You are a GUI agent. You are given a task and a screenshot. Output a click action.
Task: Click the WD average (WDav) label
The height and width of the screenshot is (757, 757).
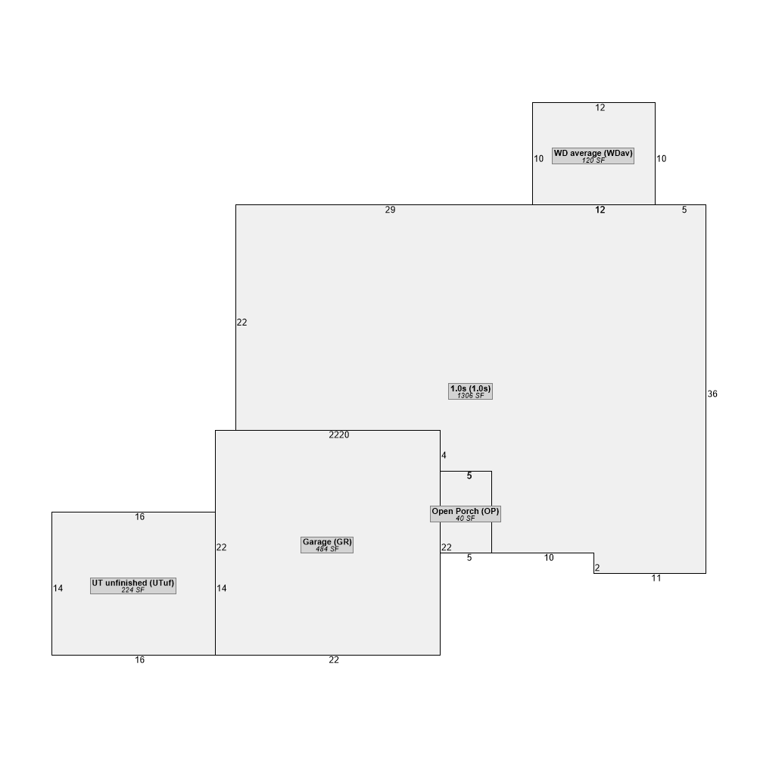click(593, 154)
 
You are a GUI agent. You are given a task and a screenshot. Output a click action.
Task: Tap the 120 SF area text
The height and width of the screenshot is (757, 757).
click(593, 161)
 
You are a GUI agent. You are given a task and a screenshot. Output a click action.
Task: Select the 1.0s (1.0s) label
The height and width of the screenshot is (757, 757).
click(470, 388)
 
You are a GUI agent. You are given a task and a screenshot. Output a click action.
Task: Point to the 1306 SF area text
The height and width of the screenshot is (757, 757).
click(470, 396)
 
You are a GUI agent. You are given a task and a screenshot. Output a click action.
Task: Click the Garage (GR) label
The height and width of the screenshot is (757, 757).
click(327, 542)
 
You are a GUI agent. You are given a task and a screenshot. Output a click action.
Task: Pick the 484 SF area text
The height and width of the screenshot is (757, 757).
click(327, 550)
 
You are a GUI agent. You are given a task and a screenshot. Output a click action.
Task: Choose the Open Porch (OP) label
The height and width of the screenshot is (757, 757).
click(466, 512)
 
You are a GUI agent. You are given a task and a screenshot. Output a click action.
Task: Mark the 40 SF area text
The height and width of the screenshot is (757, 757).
click(466, 519)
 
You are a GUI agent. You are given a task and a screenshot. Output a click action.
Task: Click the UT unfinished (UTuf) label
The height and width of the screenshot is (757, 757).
click(133, 583)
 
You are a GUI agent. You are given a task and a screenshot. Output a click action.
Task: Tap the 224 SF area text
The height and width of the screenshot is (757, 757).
click(133, 590)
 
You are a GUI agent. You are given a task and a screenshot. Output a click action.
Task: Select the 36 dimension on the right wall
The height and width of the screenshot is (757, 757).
click(712, 394)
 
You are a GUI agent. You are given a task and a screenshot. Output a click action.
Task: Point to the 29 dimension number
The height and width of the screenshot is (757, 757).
click(390, 210)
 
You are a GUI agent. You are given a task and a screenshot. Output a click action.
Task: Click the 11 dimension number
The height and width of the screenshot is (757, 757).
click(656, 578)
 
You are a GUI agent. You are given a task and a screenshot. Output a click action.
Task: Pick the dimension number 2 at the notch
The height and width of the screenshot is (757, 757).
click(597, 568)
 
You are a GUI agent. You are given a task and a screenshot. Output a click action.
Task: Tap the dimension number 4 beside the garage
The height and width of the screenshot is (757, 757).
click(444, 456)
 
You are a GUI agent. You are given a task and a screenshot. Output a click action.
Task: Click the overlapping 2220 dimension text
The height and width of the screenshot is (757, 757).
click(339, 435)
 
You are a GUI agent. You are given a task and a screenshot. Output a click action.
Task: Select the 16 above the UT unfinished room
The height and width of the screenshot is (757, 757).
click(140, 517)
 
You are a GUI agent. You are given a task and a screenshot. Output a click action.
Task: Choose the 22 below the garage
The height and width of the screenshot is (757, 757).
click(334, 660)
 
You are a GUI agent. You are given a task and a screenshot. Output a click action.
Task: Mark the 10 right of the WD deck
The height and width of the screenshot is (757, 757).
click(662, 159)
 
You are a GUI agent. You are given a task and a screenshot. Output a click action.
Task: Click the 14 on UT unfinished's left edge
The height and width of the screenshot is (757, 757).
click(58, 588)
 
